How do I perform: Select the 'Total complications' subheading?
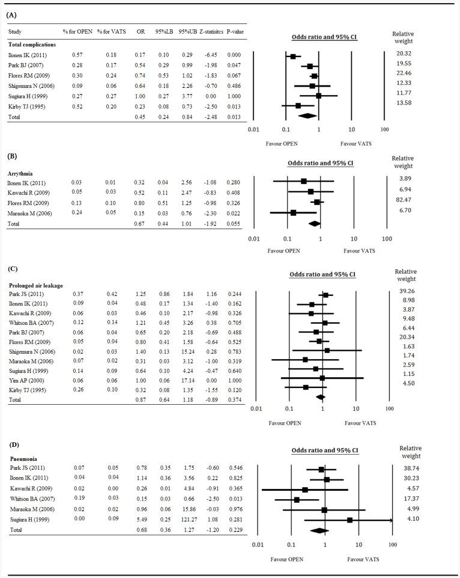click(x=31, y=44)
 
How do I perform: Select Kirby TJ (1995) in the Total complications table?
click(x=28, y=106)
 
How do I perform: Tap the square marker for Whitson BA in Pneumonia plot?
click(x=297, y=499)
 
